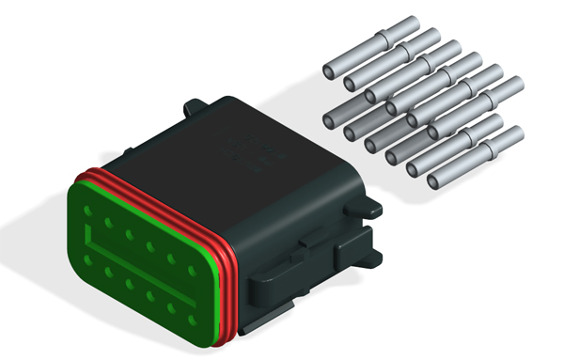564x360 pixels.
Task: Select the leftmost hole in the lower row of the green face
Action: [x=88, y=260]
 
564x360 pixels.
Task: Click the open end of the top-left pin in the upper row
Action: [x=330, y=71]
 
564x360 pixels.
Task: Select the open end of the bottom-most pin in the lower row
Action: [x=435, y=180]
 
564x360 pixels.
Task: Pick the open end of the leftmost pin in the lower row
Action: [x=331, y=119]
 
